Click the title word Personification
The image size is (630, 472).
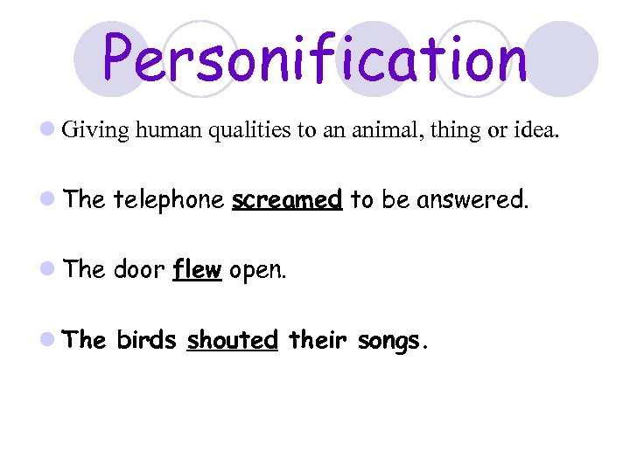click(315, 59)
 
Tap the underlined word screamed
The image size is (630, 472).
click(286, 200)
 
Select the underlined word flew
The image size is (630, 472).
click(197, 270)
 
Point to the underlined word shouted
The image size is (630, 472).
click(232, 340)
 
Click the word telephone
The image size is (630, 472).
click(168, 201)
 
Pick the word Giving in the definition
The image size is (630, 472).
click(96, 131)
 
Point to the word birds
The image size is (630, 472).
click(146, 340)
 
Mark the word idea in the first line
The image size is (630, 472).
click(535, 131)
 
